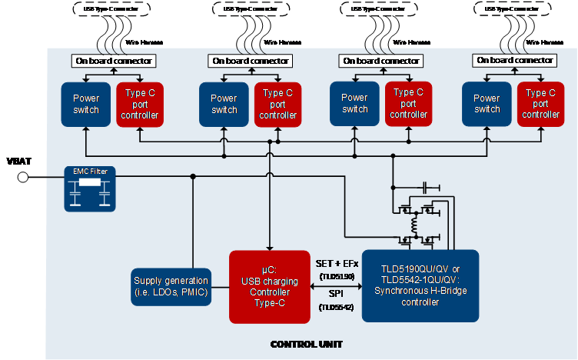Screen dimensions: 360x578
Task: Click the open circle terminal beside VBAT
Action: point(23,178)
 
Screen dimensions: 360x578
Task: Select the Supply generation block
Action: point(171,286)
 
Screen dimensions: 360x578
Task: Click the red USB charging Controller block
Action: point(269,286)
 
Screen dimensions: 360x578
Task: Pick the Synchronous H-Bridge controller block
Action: point(420,285)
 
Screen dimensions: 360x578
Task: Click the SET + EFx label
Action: point(335,264)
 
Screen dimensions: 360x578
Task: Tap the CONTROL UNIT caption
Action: point(306,344)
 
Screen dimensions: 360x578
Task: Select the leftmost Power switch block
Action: point(86,104)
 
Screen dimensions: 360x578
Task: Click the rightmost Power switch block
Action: point(487,104)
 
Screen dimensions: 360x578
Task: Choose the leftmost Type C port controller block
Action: point(139,104)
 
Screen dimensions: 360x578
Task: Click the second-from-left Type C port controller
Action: point(277,104)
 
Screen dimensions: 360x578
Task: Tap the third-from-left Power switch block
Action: point(354,104)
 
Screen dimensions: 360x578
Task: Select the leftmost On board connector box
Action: point(113,61)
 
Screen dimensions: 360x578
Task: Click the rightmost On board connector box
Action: point(513,60)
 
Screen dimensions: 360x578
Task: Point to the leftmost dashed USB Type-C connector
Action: point(112,8)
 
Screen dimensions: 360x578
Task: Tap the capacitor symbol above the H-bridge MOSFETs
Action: point(425,188)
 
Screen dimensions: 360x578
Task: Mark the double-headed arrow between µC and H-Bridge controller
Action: point(335,285)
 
